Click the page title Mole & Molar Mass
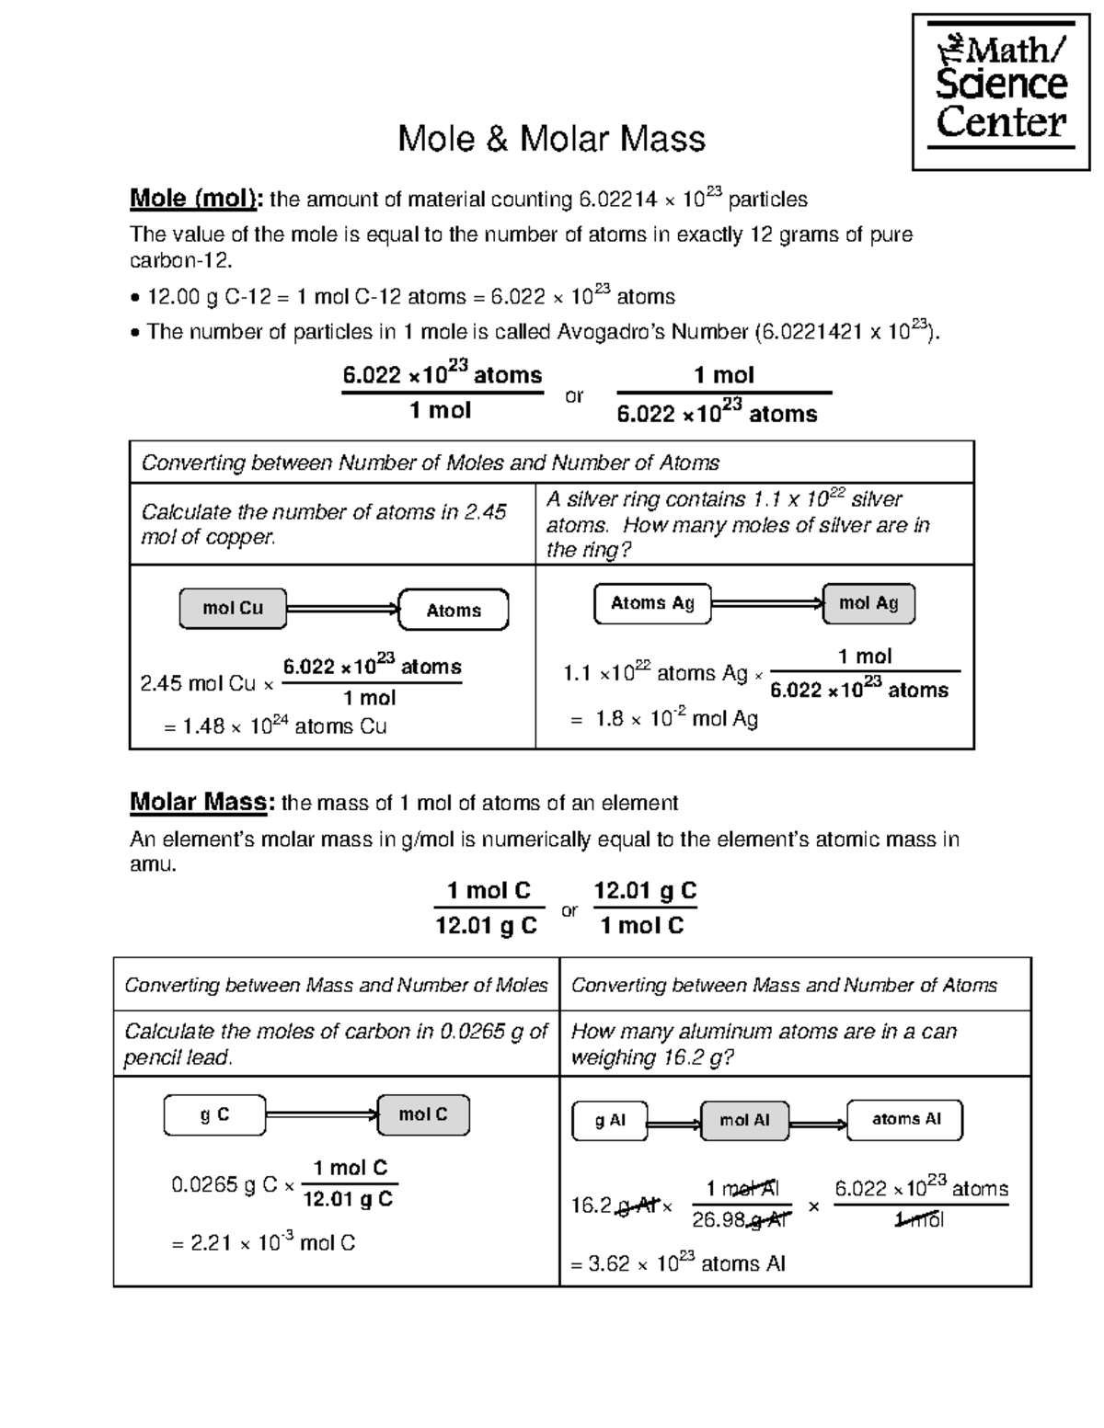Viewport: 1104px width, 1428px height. click(x=551, y=139)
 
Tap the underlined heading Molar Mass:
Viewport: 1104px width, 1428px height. click(x=201, y=802)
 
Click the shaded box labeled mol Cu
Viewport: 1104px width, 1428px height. click(x=233, y=609)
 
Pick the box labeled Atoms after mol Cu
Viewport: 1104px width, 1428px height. click(x=454, y=610)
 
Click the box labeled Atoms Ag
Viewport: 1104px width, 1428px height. click(x=652, y=603)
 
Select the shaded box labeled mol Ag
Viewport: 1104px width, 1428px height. click(x=868, y=603)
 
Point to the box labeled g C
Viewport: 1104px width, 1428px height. click(x=214, y=1115)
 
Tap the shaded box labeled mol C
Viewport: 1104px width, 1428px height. click(x=423, y=1114)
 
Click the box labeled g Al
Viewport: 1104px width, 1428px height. click(x=609, y=1121)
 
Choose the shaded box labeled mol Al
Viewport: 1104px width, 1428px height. click(x=744, y=1121)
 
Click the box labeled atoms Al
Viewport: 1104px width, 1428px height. click(x=905, y=1120)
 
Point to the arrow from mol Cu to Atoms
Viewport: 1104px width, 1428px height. click(x=342, y=609)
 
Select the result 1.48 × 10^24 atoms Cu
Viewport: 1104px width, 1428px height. click(x=275, y=726)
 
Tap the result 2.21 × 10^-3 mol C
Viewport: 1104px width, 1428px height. click(x=263, y=1243)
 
